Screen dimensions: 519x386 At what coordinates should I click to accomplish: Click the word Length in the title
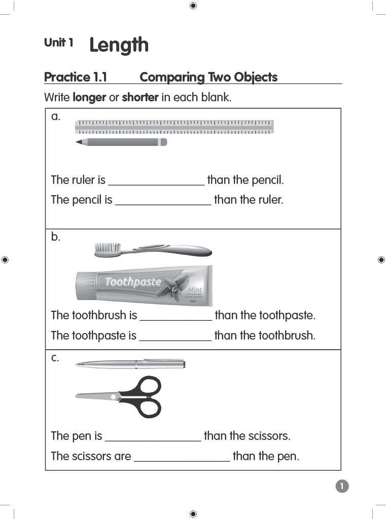click(x=119, y=45)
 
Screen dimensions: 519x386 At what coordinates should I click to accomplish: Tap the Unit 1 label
click(x=58, y=43)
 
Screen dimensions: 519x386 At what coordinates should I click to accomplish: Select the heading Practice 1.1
click(x=76, y=77)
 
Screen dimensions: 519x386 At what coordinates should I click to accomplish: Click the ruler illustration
click(x=174, y=127)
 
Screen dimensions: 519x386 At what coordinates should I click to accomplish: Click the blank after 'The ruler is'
click(x=156, y=181)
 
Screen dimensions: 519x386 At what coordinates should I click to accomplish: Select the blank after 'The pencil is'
click(x=163, y=201)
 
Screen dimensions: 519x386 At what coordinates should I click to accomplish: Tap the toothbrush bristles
click(x=105, y=247)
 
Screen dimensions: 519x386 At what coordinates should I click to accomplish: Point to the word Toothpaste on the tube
click(x=133, y=282)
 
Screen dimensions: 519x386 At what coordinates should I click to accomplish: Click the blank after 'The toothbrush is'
click(x=176, y=316)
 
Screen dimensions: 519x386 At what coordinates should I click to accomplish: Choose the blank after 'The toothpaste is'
click(x=175, y=337)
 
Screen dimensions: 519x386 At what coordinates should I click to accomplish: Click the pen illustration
click(x=130, y=363)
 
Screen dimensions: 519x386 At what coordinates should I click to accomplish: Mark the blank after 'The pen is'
click(x=153, y=437)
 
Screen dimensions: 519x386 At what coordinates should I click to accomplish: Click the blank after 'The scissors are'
click(x=182, y=457)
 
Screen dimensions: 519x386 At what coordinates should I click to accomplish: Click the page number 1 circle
click(x=342, y=487)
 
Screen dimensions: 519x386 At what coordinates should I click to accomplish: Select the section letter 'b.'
click(x=55, y=237)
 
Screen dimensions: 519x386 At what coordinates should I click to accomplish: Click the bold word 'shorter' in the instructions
click(x=140, y=97)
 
